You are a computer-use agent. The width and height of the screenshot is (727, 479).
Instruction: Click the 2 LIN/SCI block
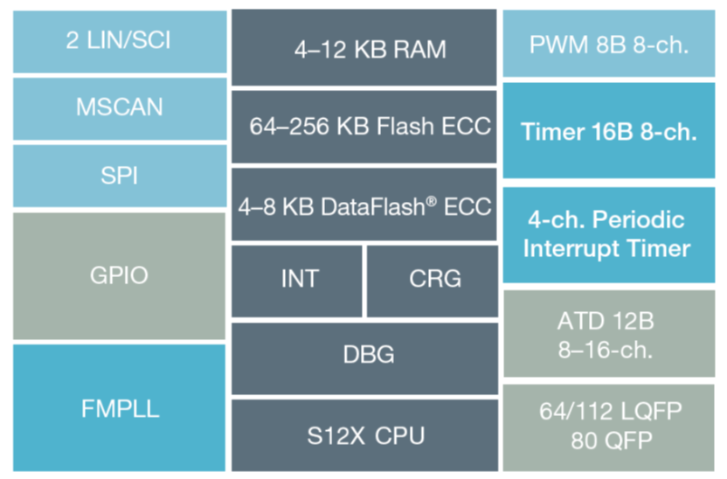pyautogui.click(x=120, y=40)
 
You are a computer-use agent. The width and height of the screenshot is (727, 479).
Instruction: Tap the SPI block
pyautogui.click(x=120, y=176)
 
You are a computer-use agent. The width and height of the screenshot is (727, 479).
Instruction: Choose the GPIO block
pyautogui.click(x=120, y=275)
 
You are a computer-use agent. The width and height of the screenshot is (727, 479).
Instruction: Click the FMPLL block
pyautogui.click(x=120, y=408)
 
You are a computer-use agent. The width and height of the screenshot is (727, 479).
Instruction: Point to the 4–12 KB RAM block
pyautogui.click(x=363, y=48)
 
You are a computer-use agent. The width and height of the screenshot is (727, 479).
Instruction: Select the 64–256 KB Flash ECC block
pyautogui.click(x=363, y=127)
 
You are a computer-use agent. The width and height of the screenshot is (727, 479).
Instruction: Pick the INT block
pyautogui.click(x=298, y=280)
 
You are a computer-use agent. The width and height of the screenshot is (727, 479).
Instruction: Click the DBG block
pyautogui.click(x=363, y=355)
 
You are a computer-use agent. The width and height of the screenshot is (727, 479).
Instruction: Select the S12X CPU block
pyautogui.click(x=363, y=434)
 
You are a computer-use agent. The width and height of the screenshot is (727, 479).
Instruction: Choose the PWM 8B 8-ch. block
pyautogui.click(x=609, y=45)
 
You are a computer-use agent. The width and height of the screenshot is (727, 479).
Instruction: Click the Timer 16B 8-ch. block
pyautogui.click(x=609, y=132)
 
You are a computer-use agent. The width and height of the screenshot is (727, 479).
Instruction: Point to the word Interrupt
pyautogui.click(x=577, y=248)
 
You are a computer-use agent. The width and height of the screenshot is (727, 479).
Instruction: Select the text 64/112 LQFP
pyautogui.click(x=608, y=411)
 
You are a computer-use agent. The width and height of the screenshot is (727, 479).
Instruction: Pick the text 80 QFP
pyautogui.click(x=608, y=441)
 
